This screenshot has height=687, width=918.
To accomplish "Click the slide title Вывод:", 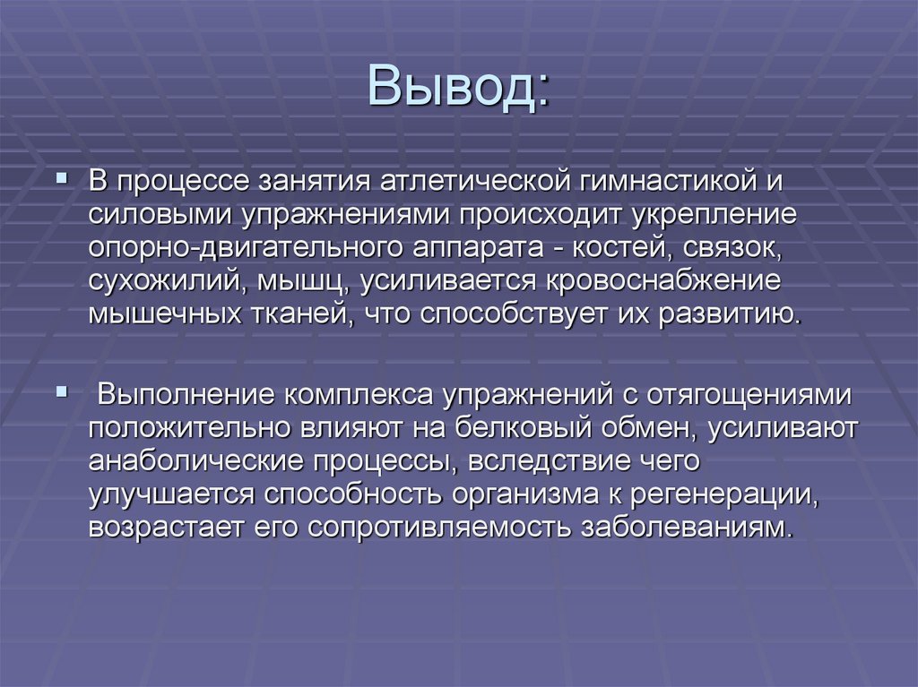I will [458, 87].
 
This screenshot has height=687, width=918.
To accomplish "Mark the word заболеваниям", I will [688, 527].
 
